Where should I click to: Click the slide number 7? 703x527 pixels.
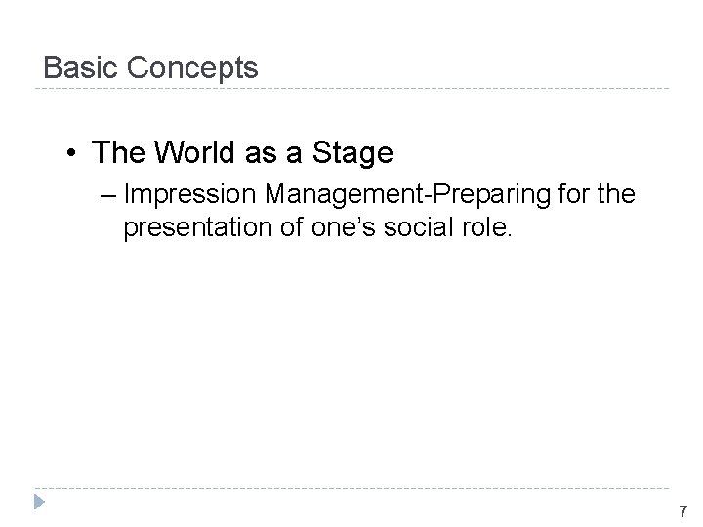pyautogui.click(x=682, y=512)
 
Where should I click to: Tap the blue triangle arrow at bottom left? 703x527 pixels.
pyautogui.click(x=39, y=505)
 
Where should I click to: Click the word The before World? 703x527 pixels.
pyautogui.click(x=118, y=153)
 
